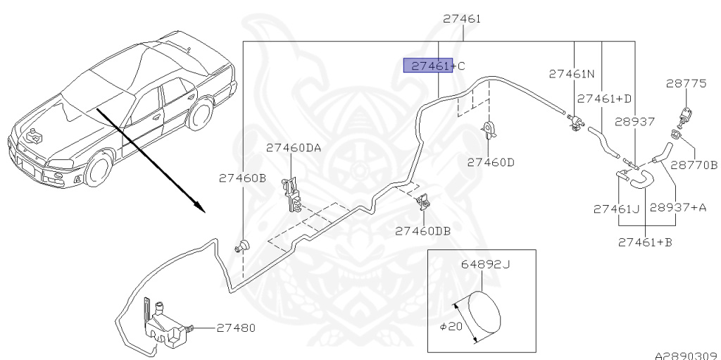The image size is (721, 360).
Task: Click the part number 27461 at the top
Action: click(x=462, y=19)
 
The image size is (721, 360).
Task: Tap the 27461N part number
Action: click(x=572, y=73)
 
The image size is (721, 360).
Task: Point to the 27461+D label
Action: click(x=605, y=99)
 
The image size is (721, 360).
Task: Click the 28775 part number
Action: click(x=686, y=83)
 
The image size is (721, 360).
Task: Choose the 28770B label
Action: click(x=694, y=165)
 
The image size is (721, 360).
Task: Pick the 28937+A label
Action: click(x=678, y=208)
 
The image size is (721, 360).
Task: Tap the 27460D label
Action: click(x=491, y=162)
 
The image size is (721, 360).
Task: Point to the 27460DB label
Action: click(x=422, y=230)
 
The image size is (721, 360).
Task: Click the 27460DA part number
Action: click(x=294, y=148)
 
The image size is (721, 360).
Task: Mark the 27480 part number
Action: click(x=236, y=328)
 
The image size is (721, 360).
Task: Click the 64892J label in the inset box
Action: click(x=486, y=265)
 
